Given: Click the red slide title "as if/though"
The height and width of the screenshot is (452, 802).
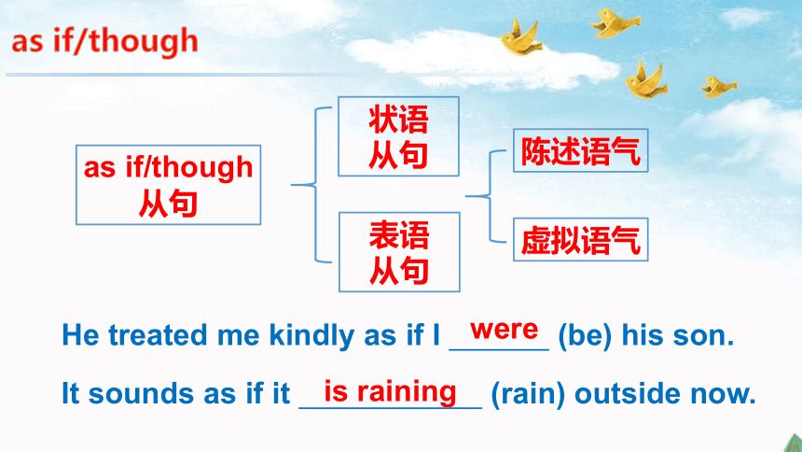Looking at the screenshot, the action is (x=104, y=41).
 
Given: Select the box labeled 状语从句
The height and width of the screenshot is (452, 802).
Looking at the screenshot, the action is (x=398, y=136).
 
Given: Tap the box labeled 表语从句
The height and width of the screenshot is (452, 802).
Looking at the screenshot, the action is (x=399, y=252).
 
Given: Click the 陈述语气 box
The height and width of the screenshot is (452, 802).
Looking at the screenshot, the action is (x=581, y=150).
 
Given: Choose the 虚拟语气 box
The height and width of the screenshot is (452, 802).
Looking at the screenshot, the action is (x=581, y=240).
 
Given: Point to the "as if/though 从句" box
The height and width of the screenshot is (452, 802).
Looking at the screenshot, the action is (x=168, y=185).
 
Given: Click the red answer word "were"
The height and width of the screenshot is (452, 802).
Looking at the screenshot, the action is (x=505, y=330).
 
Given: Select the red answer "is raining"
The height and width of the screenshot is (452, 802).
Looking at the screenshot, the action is (x=390, y=392).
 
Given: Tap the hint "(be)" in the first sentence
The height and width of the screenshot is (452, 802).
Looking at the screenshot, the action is (x=585, y=335).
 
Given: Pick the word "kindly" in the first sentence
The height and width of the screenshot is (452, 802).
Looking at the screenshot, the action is (x=311, y=335).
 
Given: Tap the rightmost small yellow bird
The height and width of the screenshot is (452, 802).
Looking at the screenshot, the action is (x=719, y=86).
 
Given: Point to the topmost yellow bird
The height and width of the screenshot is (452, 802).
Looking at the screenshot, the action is (x=615, y=22).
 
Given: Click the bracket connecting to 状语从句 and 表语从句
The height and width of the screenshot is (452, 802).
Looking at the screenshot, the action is (x=316, y=185).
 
